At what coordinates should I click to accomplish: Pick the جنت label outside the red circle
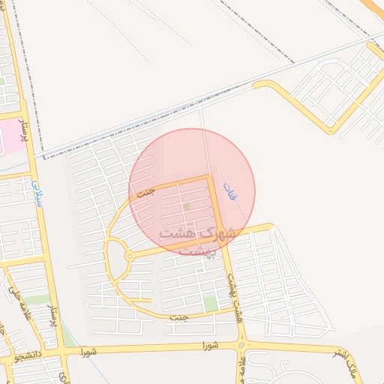click(x=178, y=317)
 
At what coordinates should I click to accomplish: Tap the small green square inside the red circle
click(x=187, y=205)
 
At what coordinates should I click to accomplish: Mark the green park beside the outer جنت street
click(x=211, y=304)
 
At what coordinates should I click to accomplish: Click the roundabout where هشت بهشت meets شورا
click(x=241, y=346)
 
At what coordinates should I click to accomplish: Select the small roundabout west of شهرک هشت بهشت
click(x=129, y=256)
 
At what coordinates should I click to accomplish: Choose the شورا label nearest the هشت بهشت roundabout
click(x=210, y=346)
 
